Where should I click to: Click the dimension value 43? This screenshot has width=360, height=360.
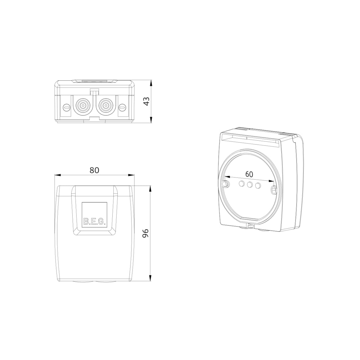click(x=147, y=101)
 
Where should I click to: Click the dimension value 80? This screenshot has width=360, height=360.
click(x=94, y=170)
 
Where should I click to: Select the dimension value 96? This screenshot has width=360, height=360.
click(x=146, y=233)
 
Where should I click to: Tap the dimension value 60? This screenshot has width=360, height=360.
click(x=249, y=174)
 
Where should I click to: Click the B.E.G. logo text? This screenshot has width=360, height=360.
click(x=94, y=222)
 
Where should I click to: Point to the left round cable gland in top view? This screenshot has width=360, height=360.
click(x=83, y=106)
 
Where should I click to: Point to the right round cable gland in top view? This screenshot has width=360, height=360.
click(x=105, y=106)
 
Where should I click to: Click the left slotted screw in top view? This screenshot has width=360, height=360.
click(x=67, y=107)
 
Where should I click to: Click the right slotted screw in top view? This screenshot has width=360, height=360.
click(x=122, y=107)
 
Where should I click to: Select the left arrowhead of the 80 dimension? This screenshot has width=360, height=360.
click(x=57, y=175)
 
